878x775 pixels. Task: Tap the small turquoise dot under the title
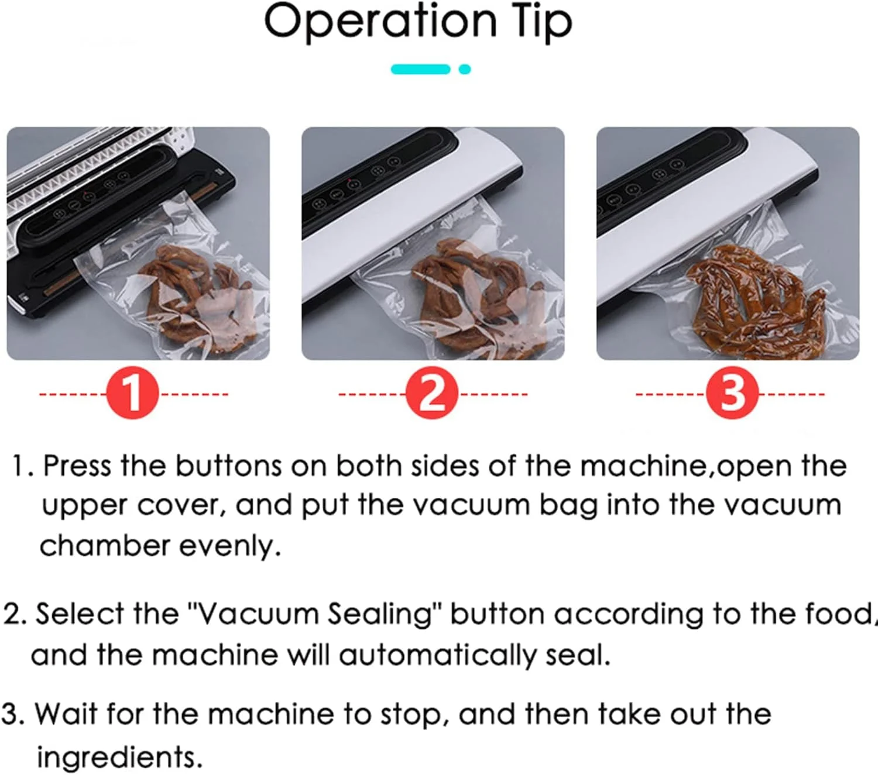[465, 70]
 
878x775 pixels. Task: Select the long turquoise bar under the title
[420, 70]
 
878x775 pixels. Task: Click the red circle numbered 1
[133, 393]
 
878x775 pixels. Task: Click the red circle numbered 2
[431, 393]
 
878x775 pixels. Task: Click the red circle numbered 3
[732, 393]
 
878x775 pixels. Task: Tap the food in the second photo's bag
[476, 299]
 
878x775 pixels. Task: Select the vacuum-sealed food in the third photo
[756, 301]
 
